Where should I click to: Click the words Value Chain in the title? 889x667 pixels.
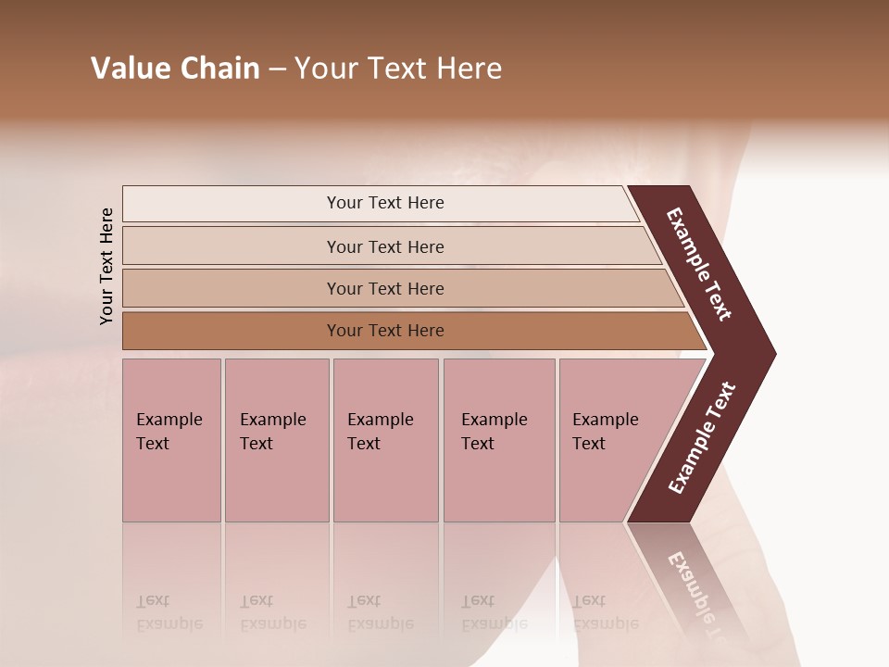tap(175, 69)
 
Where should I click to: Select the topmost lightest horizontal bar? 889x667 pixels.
tap(232, 204)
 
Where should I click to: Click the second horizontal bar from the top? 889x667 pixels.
tap(232, 246)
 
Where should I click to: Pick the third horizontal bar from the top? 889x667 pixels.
tap(232, 289)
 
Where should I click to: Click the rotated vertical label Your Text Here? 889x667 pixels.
tap(106, 266)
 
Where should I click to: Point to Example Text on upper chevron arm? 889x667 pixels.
tap(699, 264)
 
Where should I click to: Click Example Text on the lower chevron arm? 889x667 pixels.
tap(702, 438)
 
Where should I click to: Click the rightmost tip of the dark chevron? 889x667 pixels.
tap(772, 353)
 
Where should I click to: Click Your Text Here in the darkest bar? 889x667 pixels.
tap(385, 331)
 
